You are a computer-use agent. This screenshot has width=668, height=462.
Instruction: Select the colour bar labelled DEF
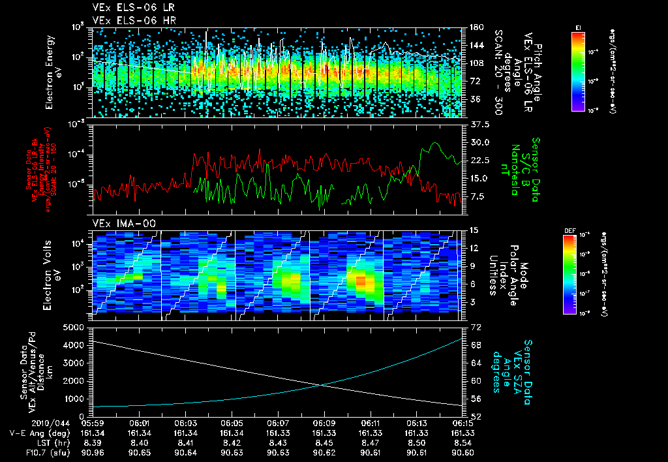click(569, 274)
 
